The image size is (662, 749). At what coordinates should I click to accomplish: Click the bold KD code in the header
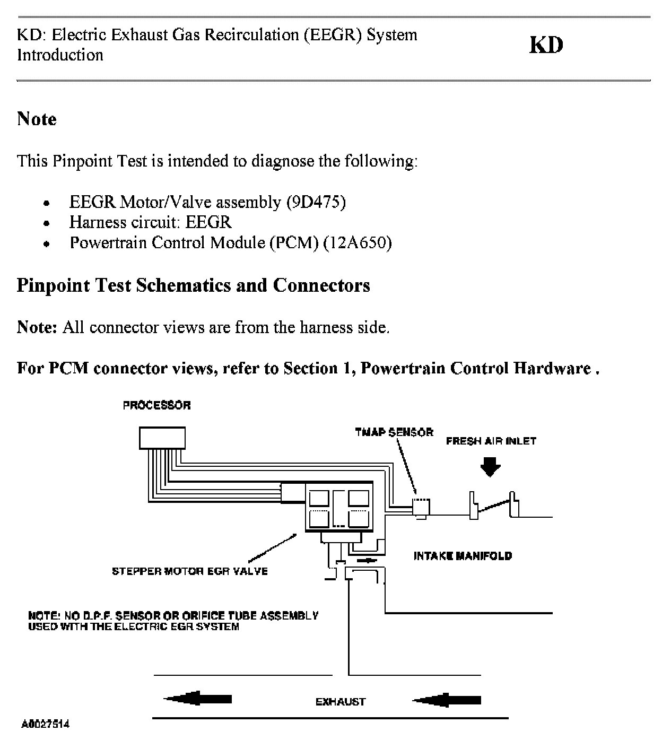[546, 45]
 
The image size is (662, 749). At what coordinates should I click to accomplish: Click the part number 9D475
[316, 202]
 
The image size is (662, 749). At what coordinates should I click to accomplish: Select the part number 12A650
[358, 243]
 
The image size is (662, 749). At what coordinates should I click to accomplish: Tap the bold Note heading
[37, 119]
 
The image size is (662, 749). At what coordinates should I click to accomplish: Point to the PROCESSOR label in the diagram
[156, 405]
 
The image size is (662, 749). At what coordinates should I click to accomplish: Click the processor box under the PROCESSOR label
[162, 438]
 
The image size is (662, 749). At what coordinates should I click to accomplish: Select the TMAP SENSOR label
[394, 432]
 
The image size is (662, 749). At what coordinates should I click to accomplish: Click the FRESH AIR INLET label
[491, 441]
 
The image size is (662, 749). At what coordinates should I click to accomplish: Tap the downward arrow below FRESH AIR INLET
[490, 467]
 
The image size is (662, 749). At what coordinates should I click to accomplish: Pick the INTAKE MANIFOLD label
[463, 556]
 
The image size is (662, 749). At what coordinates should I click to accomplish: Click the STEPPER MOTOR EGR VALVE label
[189, 571]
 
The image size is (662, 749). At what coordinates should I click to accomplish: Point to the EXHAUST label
[341, 702]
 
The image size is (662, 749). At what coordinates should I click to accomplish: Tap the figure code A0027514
[45, 724]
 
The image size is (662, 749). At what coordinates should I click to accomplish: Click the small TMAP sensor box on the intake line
[421, 507]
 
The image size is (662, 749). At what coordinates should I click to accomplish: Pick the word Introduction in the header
[60, 55]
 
